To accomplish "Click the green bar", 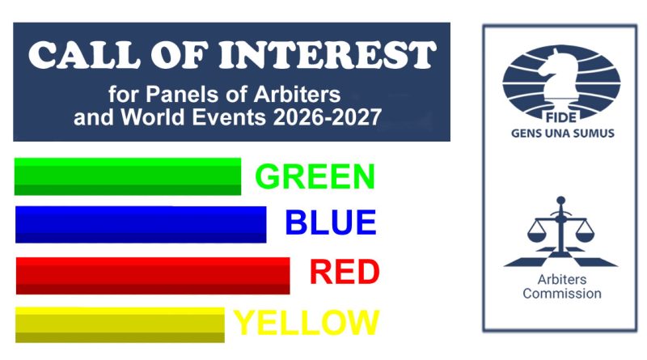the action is click(x=128, y=176).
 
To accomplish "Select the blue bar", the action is click(x=141, y=225).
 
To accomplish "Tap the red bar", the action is click(x=153, y=276).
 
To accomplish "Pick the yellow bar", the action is click(x=120, y=325).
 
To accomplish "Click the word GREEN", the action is click(x=315, y=176).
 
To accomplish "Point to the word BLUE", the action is click(x=331, y=222).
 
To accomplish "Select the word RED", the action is click(x=345, y=272).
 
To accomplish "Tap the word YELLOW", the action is click(x=307, y=323).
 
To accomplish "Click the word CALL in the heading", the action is click(x=85, y=54).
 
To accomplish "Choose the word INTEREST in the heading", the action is click(x=328, y=54).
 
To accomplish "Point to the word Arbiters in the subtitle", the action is click(x=297, y=95).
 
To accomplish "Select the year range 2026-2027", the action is click(x=328, y=117).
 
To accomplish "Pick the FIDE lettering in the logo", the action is click(x=561, y=117).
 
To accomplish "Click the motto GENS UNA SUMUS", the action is click(x=563, y=133).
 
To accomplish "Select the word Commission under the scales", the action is click(x=562, y=294).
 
